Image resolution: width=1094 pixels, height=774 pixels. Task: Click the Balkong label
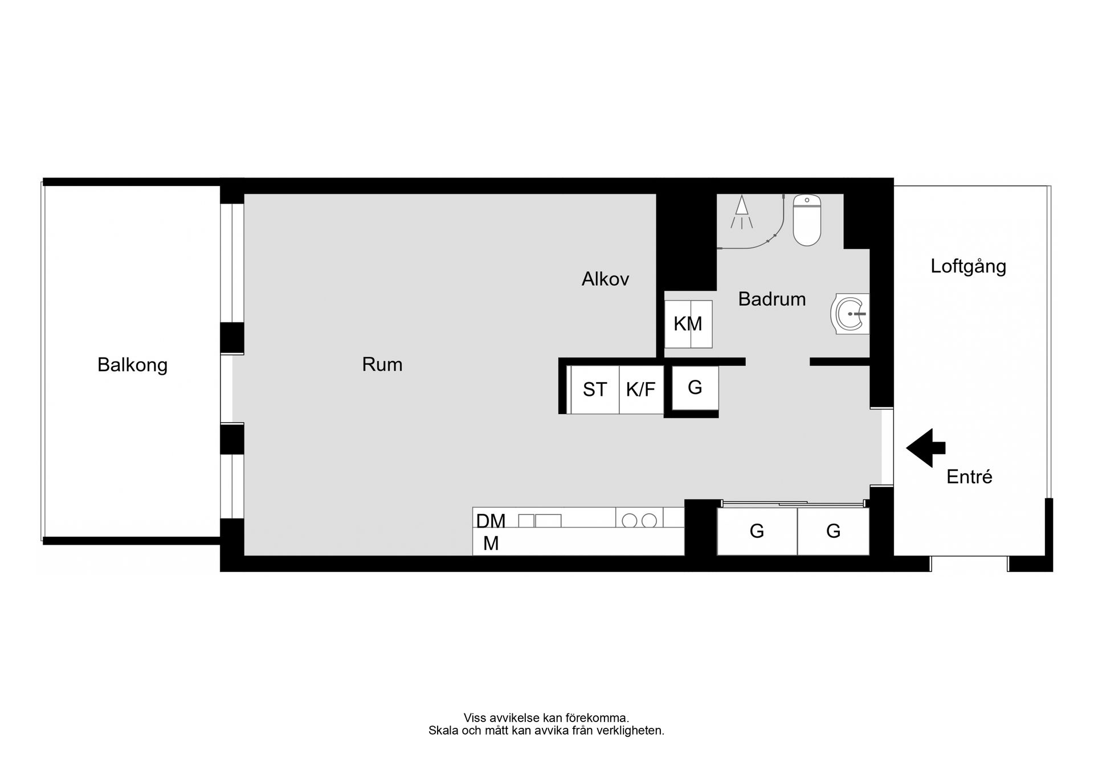[x=132, y=365]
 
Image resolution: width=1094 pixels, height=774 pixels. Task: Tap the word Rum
[x=382, y=364]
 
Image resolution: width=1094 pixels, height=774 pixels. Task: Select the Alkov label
[x=605, y=279]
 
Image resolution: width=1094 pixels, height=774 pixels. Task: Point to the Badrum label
[x=772, y=299]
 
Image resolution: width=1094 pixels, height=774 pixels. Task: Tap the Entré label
[x=969, y=477]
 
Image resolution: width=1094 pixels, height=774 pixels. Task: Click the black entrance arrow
[x=925, y=448]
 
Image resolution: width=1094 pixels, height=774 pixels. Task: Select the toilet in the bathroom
[x=807, y=220]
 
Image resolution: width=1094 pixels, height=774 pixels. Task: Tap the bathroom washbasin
[x=850, y=314]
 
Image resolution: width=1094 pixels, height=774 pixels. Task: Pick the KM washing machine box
[x=688, y=324]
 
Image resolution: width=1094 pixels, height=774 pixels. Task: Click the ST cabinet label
[x=595, y=390]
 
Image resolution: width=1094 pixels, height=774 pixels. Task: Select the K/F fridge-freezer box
[x=641, y=390]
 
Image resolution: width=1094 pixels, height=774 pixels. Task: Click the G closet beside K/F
[x=695, y=388]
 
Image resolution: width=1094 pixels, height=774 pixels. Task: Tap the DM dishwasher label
[x=491, y=521]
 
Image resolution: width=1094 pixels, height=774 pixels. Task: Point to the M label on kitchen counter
[x=491, y=544]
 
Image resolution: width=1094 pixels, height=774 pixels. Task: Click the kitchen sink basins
[x=540, y=520]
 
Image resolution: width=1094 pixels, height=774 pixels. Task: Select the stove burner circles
[x=639, y=520]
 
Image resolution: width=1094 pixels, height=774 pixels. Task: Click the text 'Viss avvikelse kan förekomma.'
[x=546, y=718]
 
